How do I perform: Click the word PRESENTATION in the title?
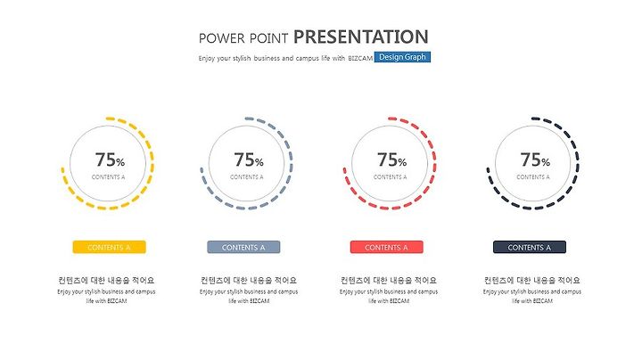tap(361, 37)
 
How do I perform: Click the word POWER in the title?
tap(221, 38)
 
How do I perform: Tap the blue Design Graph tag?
tap(402, 57)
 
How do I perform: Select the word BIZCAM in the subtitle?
tap(360, 59)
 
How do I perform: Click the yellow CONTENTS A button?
tap(110, 247)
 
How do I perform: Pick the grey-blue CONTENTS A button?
tap(243, 247)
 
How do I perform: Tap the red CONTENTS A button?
tap(386, 247)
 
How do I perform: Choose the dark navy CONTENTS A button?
tap(530, 247)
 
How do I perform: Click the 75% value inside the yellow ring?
tap(110, 160)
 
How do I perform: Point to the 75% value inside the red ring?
tap(391, 160)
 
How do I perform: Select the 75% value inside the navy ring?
tap(535, 160)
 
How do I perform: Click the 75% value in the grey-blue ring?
tap(249, 160)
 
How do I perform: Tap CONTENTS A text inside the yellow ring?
tap(108, 177)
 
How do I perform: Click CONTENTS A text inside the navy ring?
tap(533, 177)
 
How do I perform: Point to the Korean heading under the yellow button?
tap(106, 280)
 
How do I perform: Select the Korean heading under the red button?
tap(389, 280)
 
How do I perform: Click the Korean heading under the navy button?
tap(531, 280)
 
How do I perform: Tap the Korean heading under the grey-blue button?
tap(249, 280)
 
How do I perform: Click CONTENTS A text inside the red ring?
tap(391, 177)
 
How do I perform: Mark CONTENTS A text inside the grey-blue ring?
tap(246, 177)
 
